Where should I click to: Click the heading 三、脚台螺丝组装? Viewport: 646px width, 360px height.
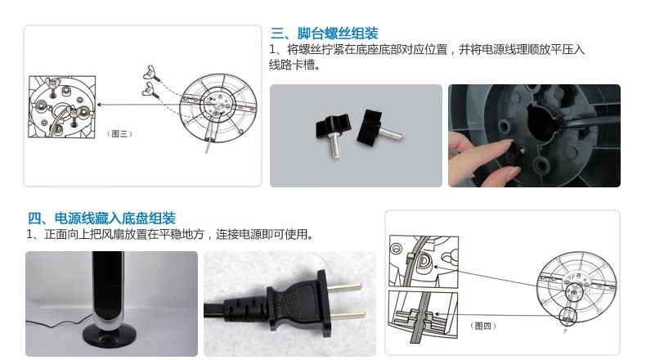click(325, 33)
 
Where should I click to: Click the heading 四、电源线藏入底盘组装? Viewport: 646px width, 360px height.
click(101, 218)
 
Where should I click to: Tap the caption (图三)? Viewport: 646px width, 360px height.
click(119, 133)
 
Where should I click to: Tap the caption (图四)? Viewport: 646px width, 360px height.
click(482, 326)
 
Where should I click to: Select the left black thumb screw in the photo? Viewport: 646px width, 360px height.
click(332, 131)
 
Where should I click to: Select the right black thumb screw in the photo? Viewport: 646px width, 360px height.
click(377, 127)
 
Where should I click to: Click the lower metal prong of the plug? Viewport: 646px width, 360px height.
click(348, 317)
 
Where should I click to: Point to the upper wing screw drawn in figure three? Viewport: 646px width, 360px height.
click(150, 73)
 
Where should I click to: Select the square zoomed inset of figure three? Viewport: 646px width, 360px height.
click(62, 106)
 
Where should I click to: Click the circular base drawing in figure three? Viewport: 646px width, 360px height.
click(218, 108)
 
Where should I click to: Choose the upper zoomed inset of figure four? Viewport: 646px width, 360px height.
click(424, 262)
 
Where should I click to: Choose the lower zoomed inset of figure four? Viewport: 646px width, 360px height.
click(423, 315)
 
